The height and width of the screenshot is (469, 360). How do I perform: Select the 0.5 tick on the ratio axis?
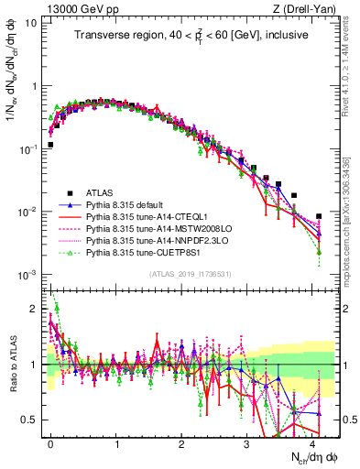click(30, 420)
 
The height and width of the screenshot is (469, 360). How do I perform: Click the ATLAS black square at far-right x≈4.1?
click(319, 217)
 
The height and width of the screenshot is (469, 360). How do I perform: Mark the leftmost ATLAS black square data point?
click(50, 145)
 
